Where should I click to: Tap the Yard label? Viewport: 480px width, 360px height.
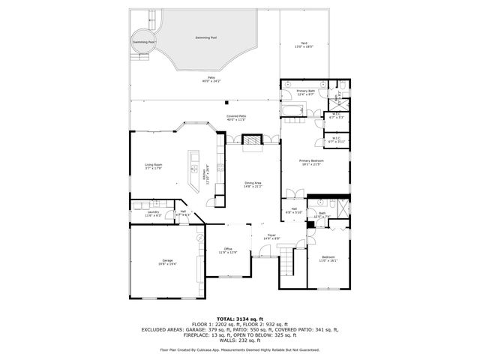[304, 44]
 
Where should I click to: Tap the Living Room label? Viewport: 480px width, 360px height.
[154, 166]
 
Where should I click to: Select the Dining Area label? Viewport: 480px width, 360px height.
[253, 184]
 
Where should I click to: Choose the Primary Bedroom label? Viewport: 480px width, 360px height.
[312, 161]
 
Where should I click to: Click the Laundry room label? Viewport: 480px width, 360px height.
[154, 214]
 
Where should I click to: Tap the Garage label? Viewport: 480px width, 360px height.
[157, 261]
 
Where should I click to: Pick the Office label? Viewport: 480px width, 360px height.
[227, 250]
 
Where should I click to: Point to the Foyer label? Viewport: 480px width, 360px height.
[271, 236]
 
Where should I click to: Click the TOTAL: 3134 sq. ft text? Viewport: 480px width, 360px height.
[239, 319]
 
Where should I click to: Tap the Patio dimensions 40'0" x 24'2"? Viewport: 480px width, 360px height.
[214, 81]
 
